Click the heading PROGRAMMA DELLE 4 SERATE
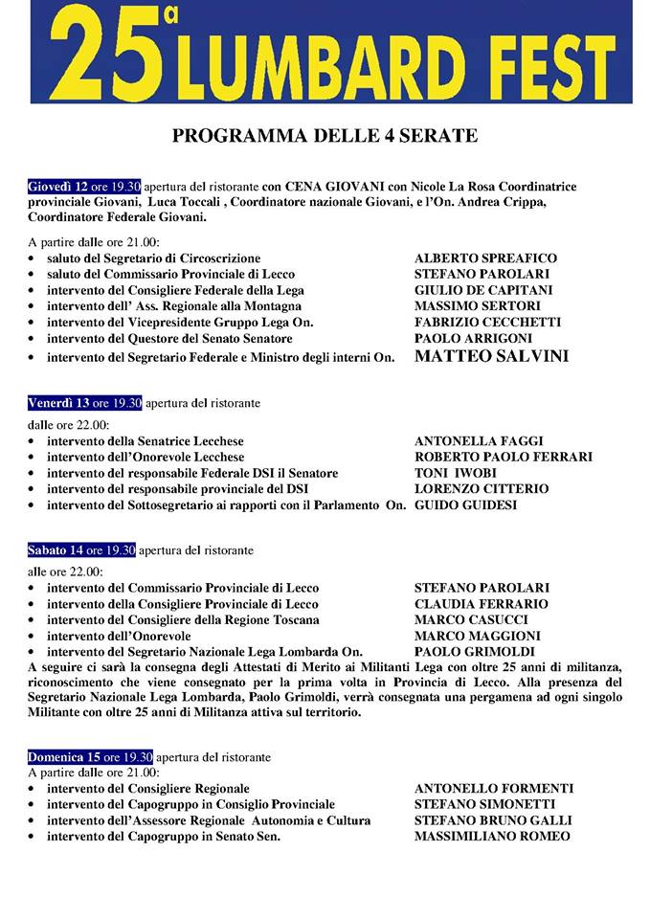[x=325, y=136]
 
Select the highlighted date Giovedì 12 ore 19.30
[x=85, y=186]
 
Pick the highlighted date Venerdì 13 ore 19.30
[x=85, y=403]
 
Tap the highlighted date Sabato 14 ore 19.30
[x=82, y=550]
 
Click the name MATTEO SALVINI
[x=491, y=356]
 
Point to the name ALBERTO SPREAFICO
[x=485, y=258]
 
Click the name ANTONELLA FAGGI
[x=480, y=441]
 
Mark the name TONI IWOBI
[x=456, y=473]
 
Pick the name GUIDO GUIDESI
[x=465, y=504]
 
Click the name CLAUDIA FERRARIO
[x=481, y=604]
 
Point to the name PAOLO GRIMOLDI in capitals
[x=471, y=651]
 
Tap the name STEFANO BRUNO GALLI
[x=493, y=820]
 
